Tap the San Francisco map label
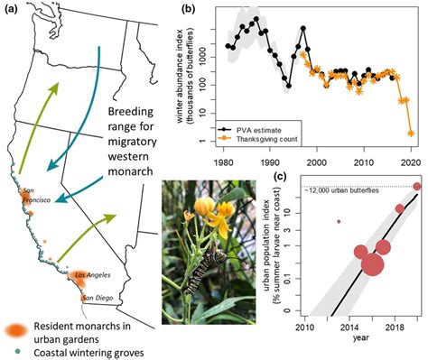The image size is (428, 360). point(33,194)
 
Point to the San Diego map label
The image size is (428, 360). point(98,297)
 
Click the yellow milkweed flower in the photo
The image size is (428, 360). point(217,210)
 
